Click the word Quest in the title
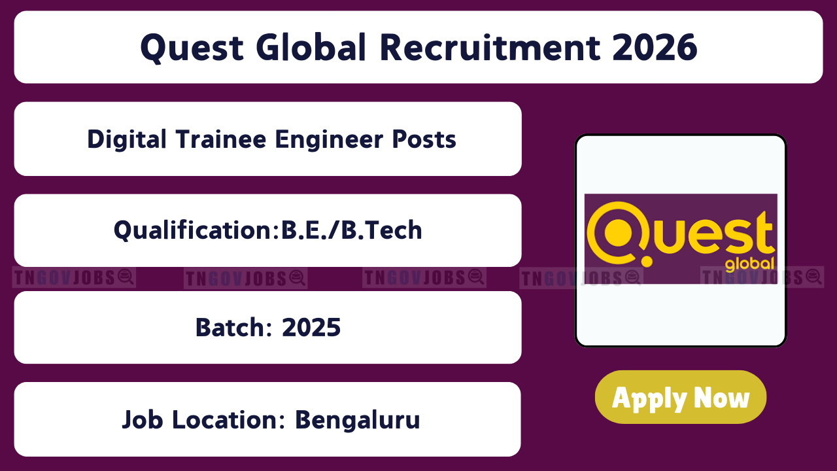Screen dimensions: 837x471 tap(192, 48)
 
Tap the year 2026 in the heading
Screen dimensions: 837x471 tap(655, 47)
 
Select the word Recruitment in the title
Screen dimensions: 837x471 tap(490, 47)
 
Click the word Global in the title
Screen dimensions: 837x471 tap(311, 47)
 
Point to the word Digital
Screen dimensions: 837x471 tap(127, 140)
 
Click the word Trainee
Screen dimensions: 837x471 tap(221, 139)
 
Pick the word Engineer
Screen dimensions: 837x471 tap(329, 140)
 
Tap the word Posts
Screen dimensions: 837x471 tap(424, 139)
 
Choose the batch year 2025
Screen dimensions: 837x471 tap(311, 328)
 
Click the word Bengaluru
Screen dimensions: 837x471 tap(358, 420)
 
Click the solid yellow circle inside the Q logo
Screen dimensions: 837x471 tap(618, 232)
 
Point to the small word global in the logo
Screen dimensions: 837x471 tap(749, 264)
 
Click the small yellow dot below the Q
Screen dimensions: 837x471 tap(647, 261)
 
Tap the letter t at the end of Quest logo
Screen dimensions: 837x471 tap(765, 232)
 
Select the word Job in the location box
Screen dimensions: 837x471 tap(143, 420)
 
